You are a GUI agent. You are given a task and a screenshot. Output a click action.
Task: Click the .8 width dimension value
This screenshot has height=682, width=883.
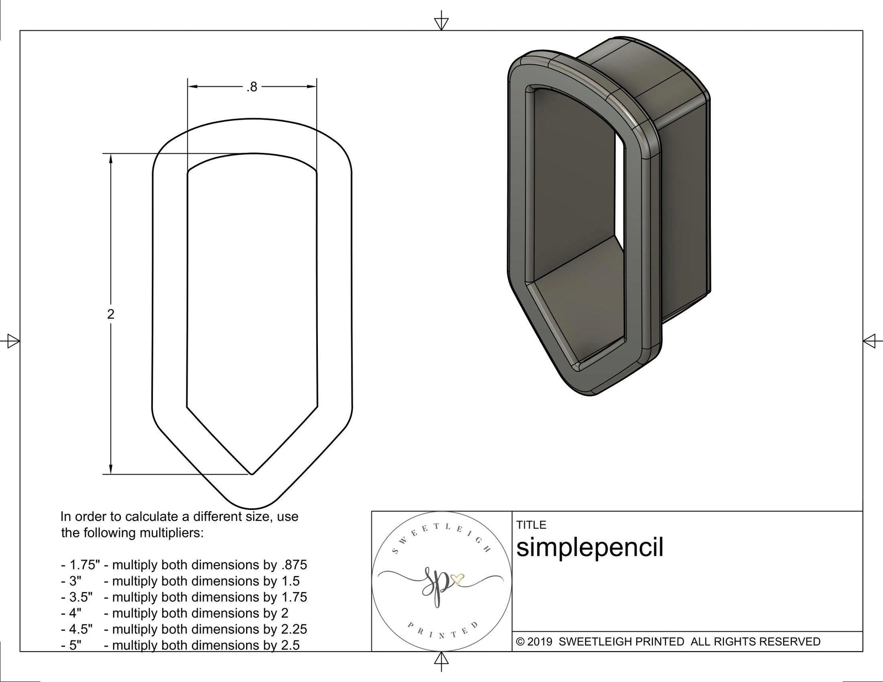pos(252,87)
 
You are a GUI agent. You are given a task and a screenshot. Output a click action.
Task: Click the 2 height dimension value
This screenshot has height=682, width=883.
pos(111,314)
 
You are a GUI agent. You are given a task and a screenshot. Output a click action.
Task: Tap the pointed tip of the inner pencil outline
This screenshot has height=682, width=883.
pos(252,473)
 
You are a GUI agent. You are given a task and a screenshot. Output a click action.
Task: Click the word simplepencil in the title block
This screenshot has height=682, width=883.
pos(589,547)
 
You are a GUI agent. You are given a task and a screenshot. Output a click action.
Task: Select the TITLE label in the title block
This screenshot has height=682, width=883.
pos(531,525)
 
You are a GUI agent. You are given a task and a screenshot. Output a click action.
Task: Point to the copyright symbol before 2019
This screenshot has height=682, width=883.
pos(520,642)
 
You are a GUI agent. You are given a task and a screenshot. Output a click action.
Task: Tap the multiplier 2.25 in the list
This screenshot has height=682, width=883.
pos(293,629)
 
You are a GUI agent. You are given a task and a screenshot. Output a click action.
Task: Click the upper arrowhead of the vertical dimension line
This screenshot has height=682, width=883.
pos(111,159)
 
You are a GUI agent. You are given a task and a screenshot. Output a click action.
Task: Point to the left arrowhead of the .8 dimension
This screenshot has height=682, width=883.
pos(193,87)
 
